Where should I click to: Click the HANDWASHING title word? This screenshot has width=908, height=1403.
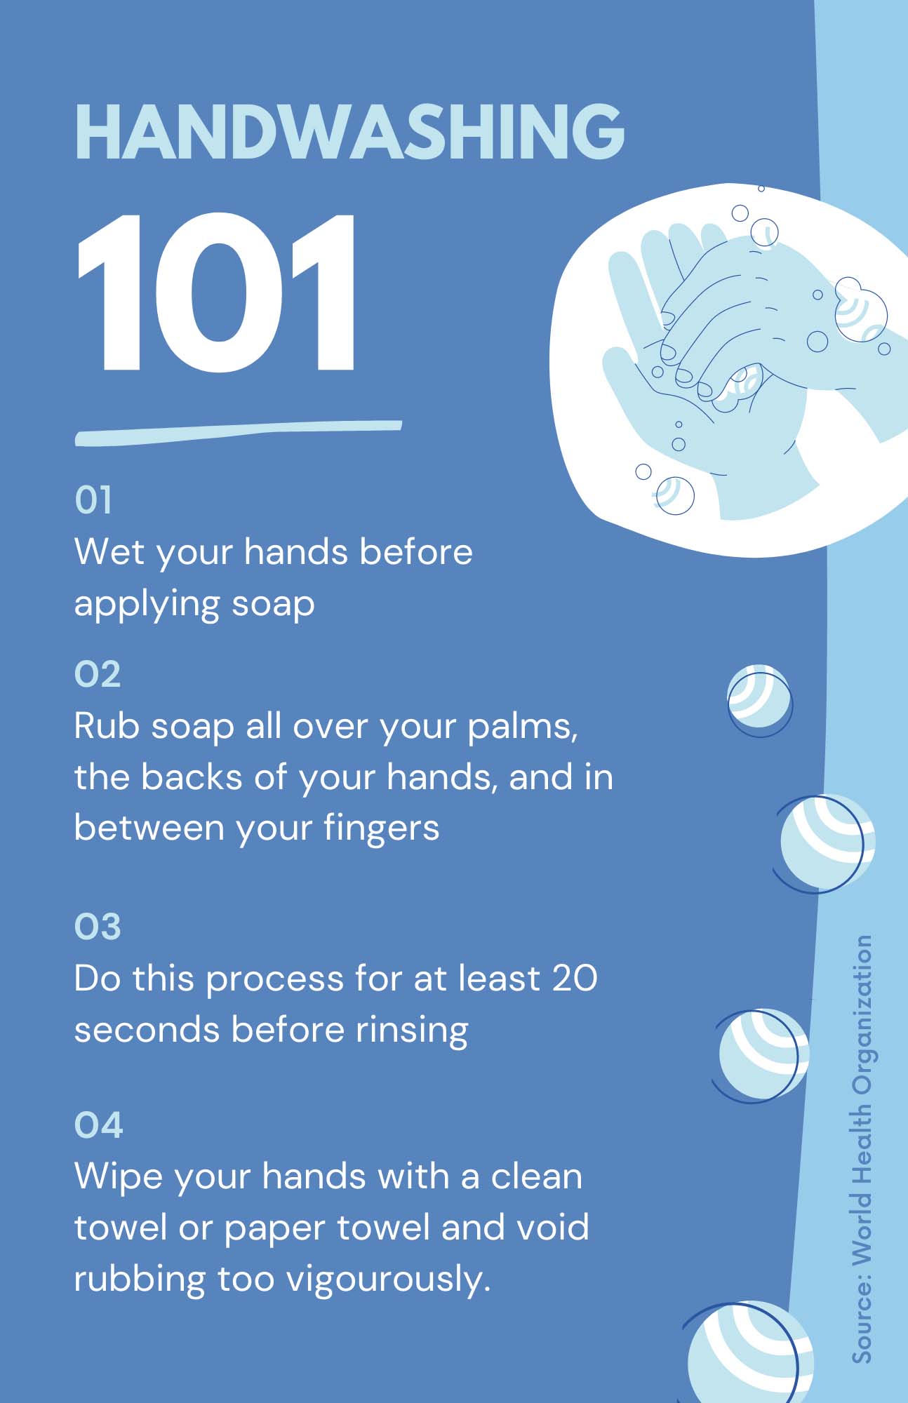click(349, 132)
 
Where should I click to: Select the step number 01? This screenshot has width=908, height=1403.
click(93, 500)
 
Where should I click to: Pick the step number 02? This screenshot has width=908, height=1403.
click(98, 674)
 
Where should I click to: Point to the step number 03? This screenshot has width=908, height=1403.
click(98, 926)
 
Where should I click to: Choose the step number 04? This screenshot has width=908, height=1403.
click(98, 1125)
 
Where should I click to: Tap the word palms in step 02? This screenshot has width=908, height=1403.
click(523, 726)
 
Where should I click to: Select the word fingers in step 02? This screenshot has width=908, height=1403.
click(381, 828)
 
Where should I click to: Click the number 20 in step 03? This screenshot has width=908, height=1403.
click(575, 978)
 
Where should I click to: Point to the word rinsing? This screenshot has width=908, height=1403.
click(412, 1030)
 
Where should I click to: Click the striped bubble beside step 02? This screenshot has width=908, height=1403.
click(759, 700)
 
